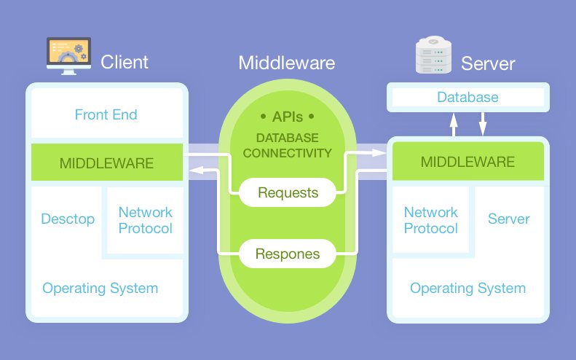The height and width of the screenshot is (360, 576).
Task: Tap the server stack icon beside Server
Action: pyautogui.click(x=433, y=58)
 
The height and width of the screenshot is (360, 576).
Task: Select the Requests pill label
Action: pyautogui.click(x=288, y=193)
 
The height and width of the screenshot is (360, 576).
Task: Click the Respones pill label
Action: pyautogui.click(x=288, y=254)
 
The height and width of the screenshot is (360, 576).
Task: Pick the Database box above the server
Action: pyautogui.click(x=467, y=97)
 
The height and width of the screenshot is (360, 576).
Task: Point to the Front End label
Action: pyautogui.click(x=106, y=114)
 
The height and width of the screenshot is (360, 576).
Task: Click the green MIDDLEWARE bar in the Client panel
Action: pyautogui.click(x=106, y=163)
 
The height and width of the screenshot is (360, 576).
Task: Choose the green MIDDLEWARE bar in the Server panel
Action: pyautogui.click(x=468, y=161)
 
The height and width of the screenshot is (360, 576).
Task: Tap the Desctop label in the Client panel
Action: pyautogui.click(x=68, y=219)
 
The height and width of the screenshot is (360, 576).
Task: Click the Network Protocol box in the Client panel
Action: pyautogui.click(x=146, y=220)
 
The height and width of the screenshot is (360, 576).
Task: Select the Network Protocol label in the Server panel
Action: pyautogui.click(x=431, y=220)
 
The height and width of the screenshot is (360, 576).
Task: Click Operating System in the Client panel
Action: pyautogui.click(x=100, y=288)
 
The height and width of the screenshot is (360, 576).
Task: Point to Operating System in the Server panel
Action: pyautogui.click(x=467, y=288)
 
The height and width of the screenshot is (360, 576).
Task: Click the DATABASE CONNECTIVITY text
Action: pyautogui.click(x=288, y=146)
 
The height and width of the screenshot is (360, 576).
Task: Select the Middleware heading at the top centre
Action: pyautogui.click(x=287, y=63)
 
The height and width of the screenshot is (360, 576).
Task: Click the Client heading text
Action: pyautogui.click(x=125, y=62)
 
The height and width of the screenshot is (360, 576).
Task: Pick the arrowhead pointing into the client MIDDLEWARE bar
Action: pyautogui.click(x=192, y=171)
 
